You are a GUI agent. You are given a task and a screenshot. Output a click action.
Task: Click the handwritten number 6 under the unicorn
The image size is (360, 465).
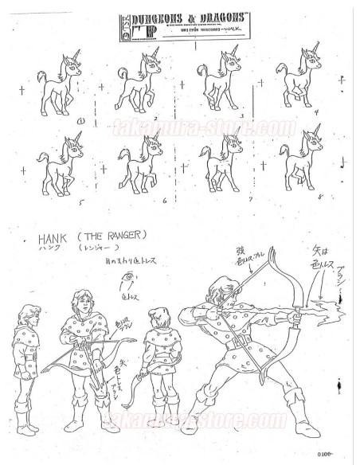[x=163, y=201]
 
